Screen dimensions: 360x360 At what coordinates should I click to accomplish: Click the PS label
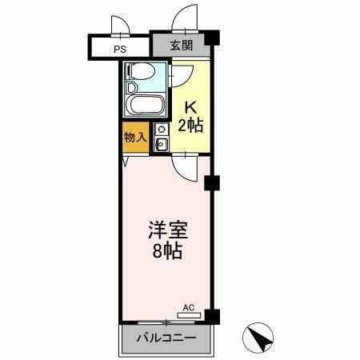point(120,48)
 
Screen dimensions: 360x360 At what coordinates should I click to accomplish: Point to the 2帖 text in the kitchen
point(190,125)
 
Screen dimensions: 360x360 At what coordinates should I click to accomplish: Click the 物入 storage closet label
point(135,138)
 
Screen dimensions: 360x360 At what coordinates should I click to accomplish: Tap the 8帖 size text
point(167,251)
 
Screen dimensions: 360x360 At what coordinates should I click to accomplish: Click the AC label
point(189,307)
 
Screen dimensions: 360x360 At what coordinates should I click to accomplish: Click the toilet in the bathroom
point(140,73)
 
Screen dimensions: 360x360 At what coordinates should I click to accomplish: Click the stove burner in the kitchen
point(162,130)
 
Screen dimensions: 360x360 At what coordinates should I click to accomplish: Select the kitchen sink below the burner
point(162,145)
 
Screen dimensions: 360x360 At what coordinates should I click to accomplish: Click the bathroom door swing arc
point(179,74)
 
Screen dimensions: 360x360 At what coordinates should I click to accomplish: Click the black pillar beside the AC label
point(210,315)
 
